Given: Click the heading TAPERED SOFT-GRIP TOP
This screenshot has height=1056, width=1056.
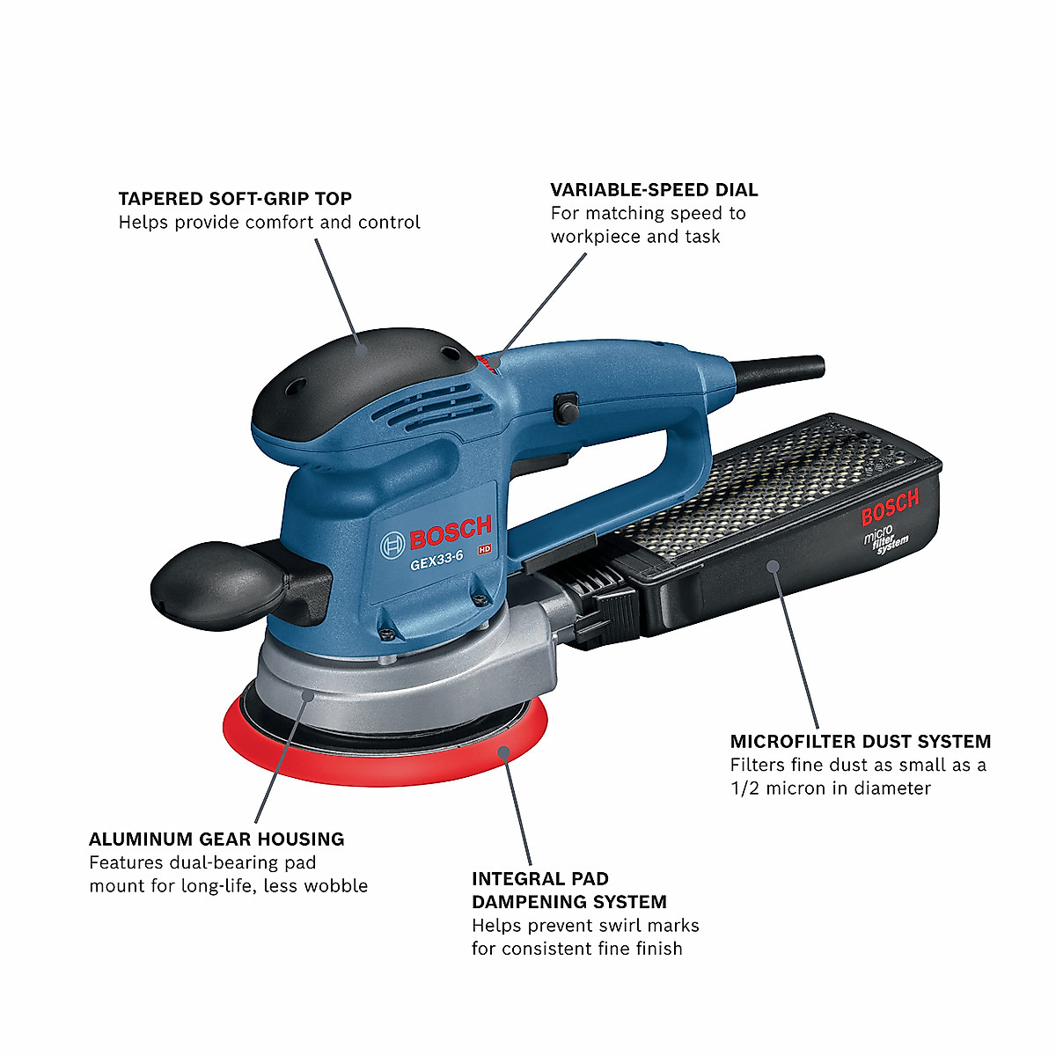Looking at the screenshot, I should [235, 199].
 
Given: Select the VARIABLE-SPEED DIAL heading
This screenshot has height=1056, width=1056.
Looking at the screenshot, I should [654, 190].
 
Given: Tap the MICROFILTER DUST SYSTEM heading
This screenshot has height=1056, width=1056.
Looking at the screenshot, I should [860, 742].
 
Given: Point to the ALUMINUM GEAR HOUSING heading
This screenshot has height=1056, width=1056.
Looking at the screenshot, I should [216, 840].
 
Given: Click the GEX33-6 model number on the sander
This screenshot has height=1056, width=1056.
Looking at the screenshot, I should [436, 563].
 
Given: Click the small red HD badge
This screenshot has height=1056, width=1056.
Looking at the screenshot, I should [483, 549].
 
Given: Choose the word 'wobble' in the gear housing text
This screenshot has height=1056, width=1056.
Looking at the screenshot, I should [335, 886].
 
